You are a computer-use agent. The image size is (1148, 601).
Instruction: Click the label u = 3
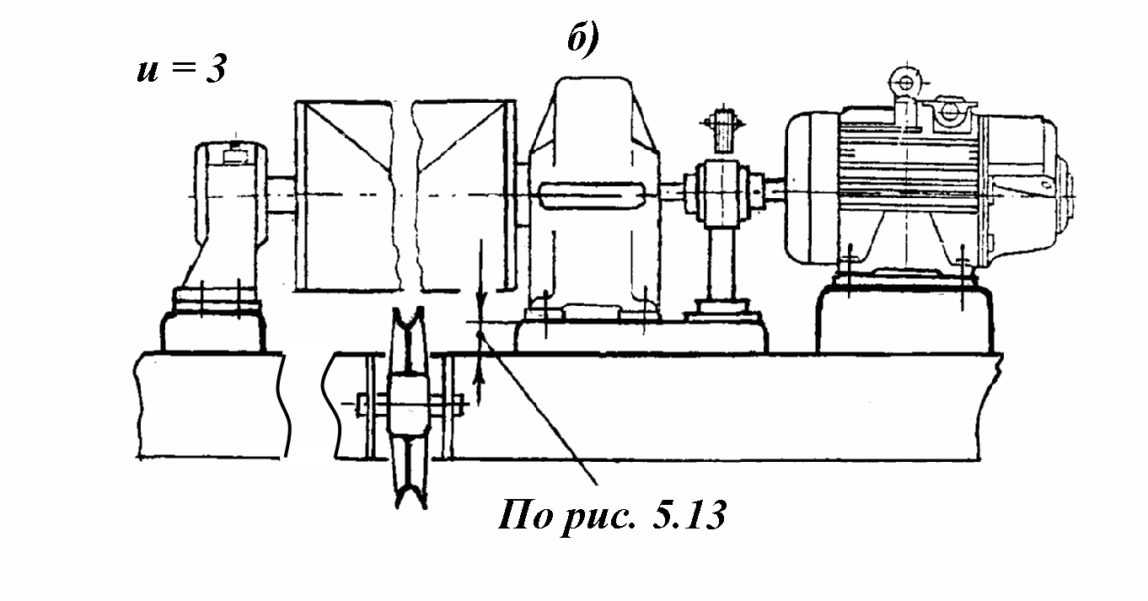tap(181, 69)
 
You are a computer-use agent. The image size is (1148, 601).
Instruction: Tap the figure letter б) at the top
tap(582, 39)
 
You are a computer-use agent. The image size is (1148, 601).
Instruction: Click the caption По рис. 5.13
tap(611, 515)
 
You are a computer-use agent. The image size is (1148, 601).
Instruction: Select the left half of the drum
tap(343, 194)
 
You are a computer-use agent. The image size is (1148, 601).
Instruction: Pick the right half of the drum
tap(464, 194)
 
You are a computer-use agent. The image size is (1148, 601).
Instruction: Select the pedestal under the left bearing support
tap(212, 329)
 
